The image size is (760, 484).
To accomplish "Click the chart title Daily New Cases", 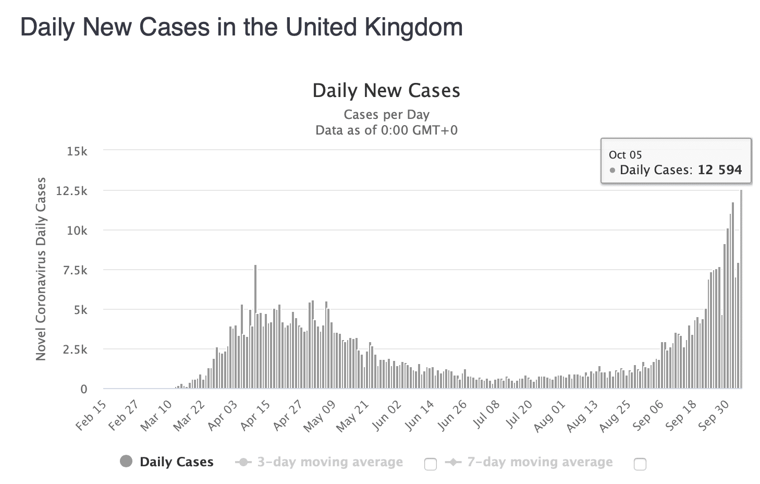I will tap(386, 91).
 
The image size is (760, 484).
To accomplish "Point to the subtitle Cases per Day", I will tap(386, 115).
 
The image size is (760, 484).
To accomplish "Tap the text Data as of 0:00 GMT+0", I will tap(386, 130).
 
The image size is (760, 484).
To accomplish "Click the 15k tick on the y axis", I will tap(77, 151).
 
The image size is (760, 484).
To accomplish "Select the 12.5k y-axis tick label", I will tap(72, 191).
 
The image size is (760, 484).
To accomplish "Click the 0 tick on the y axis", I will tap(83, 389).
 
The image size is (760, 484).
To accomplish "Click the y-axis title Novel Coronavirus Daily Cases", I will tap(41, 269).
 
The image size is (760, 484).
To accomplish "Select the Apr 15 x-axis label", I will tap(256, 416).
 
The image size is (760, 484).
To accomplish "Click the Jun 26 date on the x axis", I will tap(452, 416).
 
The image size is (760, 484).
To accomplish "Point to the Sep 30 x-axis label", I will tap(715, 416).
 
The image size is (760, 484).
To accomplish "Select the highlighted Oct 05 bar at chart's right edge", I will tap(741, 292).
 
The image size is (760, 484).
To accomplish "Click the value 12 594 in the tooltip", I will tap(719, 170).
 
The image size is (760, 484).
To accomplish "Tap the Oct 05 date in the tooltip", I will tap(625, 155).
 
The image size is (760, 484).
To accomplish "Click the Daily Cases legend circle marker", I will tap(126, 462).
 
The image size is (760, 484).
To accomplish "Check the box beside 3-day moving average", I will tap(431, 464).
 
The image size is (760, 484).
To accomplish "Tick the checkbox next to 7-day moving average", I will tap(640, 464).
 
